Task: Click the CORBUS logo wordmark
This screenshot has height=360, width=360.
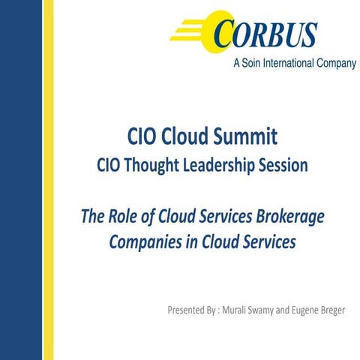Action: point(266,33)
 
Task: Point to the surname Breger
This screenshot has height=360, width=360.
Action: point(346,310)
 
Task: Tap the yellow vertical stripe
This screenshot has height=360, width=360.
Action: point(48,180)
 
